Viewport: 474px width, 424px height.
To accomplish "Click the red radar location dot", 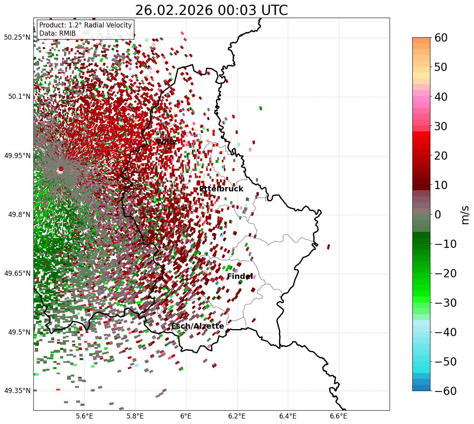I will (x=60, y=169).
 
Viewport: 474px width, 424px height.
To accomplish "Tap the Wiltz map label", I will (x=166, y=142).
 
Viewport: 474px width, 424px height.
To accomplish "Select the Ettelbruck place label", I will (x=221, y=189).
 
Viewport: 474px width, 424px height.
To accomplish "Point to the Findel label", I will (x=240, y=277).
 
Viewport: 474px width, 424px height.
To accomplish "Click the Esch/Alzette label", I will (x=198, y=326).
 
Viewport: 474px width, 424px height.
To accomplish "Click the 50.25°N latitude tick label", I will (x=17, y=38).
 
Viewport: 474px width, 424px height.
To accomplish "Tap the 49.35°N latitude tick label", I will (x=17, y=391).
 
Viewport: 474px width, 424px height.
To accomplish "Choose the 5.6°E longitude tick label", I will (x=84, y=415).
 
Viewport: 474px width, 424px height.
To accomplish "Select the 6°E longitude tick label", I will (x=186, y=415).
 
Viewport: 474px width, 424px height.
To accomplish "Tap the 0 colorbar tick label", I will (x=437, y=215).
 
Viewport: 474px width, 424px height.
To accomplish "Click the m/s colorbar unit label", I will (x=465, y=215).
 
